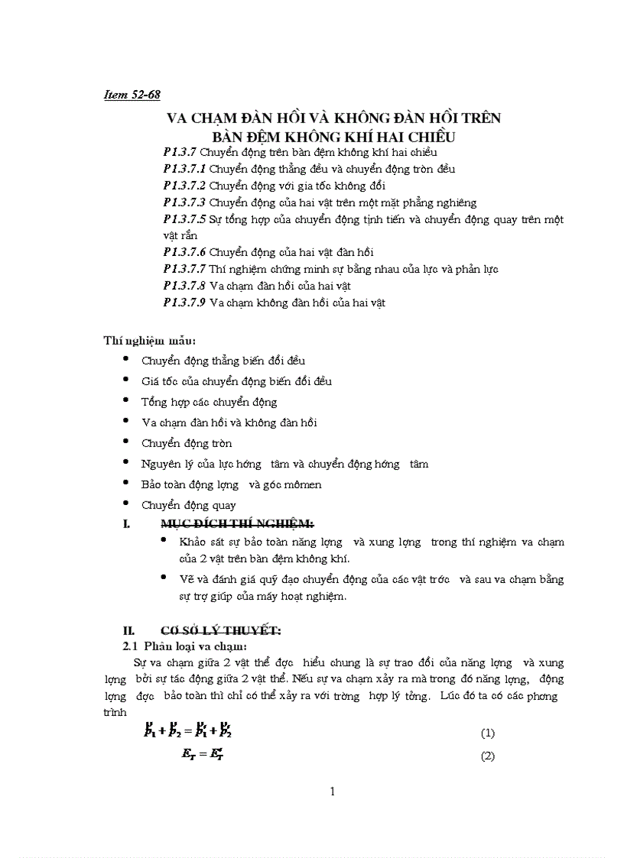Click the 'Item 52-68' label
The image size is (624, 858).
click(132, 95)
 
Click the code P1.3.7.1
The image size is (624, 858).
click(184, 169)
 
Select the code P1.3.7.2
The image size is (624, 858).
click(184, 186)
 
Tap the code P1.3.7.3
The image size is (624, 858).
click(184, 202)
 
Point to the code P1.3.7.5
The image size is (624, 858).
click(184, 219)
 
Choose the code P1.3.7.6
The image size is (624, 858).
click(184, 252)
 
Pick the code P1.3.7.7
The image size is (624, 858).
click(184, 269)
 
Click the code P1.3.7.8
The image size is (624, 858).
click(184, 286)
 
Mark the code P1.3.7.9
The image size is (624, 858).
click(184, 303)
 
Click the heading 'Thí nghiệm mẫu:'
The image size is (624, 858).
click(150, 340)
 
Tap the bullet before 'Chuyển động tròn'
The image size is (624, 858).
click(126, 442)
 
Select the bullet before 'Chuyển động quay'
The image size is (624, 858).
click(126, 504)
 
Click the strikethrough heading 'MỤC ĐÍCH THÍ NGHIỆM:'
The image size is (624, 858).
click(237, 523)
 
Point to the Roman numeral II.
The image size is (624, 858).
click(129, 631)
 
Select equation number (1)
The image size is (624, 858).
click(488, 733)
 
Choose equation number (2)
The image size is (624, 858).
click(488, 757)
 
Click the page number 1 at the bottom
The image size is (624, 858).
click(332, 792)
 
